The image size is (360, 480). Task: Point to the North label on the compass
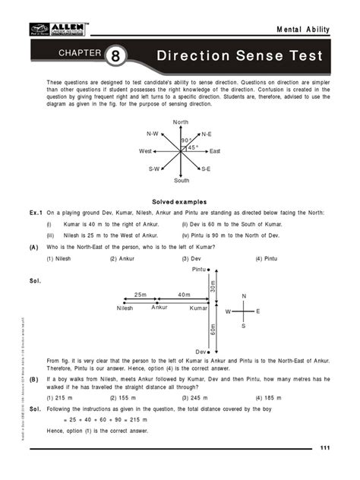181,122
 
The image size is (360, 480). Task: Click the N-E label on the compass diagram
207,134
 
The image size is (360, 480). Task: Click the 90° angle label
185,141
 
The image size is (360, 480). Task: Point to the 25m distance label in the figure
141,294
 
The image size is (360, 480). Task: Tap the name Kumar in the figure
198,308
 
